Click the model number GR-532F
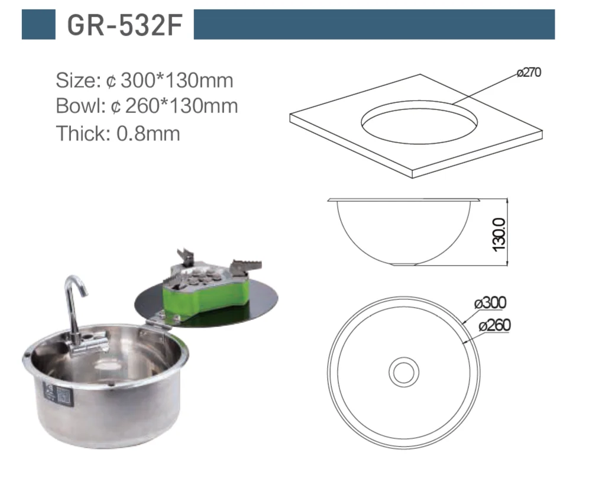[x=125, y=25]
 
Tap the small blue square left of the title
[x=38, y=24]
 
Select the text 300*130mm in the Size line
[x=177, y=80]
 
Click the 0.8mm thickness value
[x=148, y=133]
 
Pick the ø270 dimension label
[x=529, y=72]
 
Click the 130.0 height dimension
[x=499, y=235]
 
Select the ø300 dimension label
[x=490, y=302]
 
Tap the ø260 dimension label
[x=495, y=325]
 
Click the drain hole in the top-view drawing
[x=404, y=372]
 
